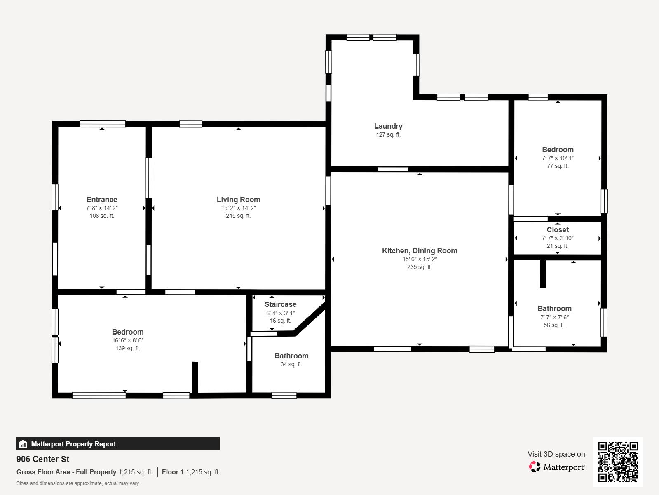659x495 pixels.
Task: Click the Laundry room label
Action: [x=388, y=126]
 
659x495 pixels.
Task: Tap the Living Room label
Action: [x=238, y=200]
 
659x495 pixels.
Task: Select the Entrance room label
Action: [x=102, y=200]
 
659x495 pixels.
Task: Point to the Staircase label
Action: [x=280, y=304]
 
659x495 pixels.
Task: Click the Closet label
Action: [x=557, y=230]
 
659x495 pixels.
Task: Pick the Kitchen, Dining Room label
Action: [x=419, y=251]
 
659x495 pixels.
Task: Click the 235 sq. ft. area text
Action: [x=419, y=267]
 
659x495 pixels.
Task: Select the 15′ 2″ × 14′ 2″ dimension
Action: [x=238, y=208]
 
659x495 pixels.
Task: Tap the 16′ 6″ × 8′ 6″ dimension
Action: [x=128, y=341]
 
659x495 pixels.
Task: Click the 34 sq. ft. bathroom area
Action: [x=291, y=365]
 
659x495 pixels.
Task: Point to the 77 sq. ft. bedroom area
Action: [x=557, y=166]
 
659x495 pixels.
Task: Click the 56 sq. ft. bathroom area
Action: [x=554, y=325]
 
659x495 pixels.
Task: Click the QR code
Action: [x=618, y=462]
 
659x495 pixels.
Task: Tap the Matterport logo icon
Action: [x=535, y=467]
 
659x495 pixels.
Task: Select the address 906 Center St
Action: [x=43, y=459]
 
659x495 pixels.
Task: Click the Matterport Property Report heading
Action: [x=75, y=444]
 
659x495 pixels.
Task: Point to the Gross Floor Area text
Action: [x=66, y=472]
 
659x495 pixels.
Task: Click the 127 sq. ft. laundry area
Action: [x=388, y=135]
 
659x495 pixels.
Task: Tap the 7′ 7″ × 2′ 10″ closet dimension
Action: [x=557, y=238]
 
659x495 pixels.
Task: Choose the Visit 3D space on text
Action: [x=556, y=454]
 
